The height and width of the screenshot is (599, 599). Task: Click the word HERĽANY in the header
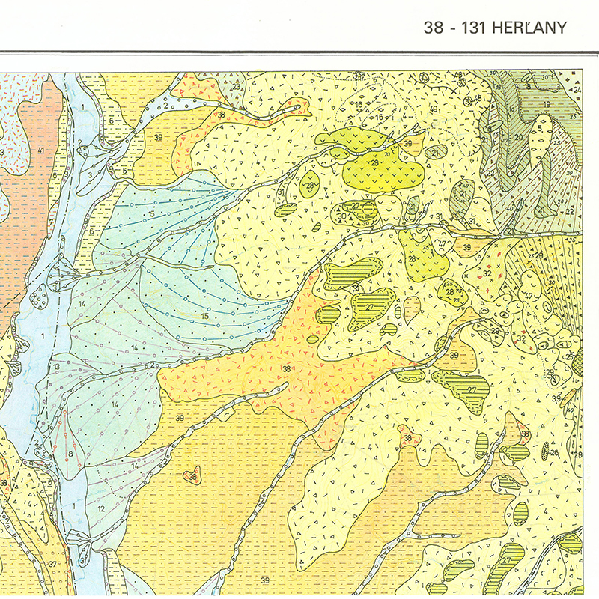[529, 28]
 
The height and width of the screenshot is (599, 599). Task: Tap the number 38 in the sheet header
[434, 28]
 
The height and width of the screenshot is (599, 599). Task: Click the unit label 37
[52, 564]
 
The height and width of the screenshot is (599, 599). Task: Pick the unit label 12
[100, 509]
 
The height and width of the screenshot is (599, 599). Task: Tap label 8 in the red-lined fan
[70, 454]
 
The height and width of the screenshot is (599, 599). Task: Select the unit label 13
[57, 366]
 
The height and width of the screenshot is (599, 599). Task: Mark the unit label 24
[577, 91]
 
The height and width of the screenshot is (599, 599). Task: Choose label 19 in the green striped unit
[547, 104]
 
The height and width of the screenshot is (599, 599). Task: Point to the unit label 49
[434, 111]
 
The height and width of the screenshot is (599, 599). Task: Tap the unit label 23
[236, 87]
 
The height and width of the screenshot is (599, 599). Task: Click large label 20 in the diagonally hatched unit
[517, 137]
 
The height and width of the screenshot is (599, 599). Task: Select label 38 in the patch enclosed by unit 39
[193, 476]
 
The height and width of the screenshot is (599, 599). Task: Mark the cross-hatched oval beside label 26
[545, 451]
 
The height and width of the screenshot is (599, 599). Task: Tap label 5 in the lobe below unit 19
[539, 128]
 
